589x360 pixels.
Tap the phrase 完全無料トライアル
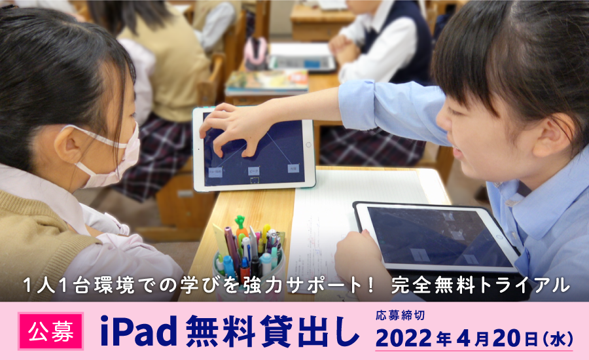coord(480,285)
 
